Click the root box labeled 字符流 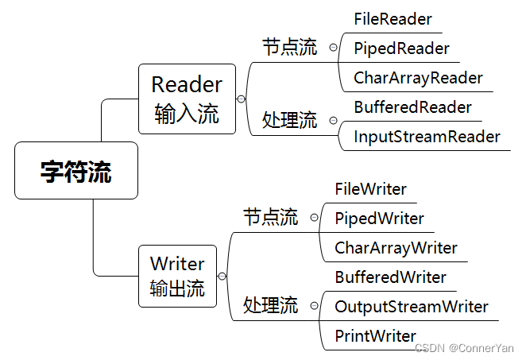(x=76, y=171)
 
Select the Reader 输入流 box (x=187, y=99)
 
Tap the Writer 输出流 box (x=177, y=276)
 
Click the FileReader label (x=393, y=18)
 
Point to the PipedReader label (x=401, y=48)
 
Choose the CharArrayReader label (x=418, y=78)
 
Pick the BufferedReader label (x=412, y=107)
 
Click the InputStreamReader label (x=427, y=137)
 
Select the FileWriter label (x=370, y=189)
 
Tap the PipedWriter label (x=379, y=219)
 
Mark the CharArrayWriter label (x=396, y=248)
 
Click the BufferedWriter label (x=390, y=277)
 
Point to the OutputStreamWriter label (x=412, y=307)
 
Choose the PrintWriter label (x=375, y=335)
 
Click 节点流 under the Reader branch (x=289, y=48)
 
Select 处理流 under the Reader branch (x=289, y=121)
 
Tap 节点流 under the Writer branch (x=270, y=217)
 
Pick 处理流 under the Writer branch (x=270, y=304)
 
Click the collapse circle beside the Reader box (x=241, y=99)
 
